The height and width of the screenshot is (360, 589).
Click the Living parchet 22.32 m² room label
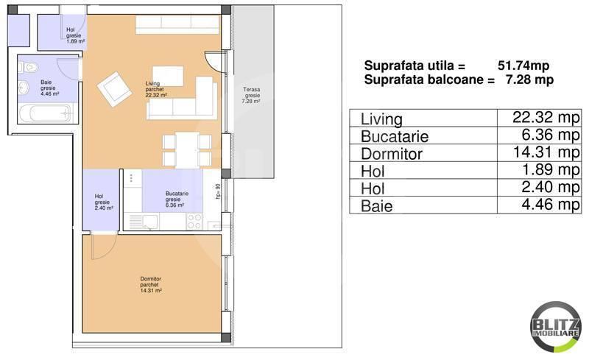pos(155,89)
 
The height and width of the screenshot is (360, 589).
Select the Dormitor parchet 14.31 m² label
pos(150,284)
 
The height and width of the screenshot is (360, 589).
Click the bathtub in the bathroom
pos(45,114)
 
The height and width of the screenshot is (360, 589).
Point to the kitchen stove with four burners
pos(194,220)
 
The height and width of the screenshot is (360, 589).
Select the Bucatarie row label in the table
pos(395,136)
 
